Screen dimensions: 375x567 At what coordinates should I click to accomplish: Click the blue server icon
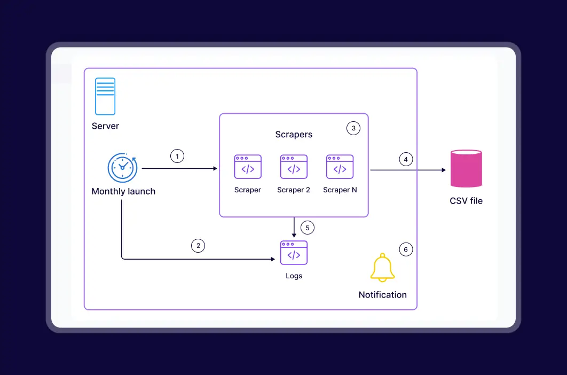click(x=105, y=96)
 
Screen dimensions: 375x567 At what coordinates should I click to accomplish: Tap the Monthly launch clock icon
click(x=122, y=168)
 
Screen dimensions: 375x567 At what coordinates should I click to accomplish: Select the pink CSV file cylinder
click(x=466, y=168)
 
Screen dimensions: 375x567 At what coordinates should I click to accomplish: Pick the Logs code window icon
click(x=294, y=252)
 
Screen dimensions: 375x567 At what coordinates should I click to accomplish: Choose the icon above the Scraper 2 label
click(x=294, y=167)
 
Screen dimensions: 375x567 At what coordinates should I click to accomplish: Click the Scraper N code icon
click(x=340, y=167)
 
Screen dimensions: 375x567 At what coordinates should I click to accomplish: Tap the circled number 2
click(x=198, y=246)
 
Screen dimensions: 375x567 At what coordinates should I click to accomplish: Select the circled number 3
click(x=353, y=128)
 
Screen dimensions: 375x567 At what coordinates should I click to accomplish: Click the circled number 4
click(x=406, y=159)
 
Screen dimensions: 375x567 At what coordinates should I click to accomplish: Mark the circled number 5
click(x=307, y=228)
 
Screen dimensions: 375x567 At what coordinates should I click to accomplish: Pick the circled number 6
click(x=406, y=249)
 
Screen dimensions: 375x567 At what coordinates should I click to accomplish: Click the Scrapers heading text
click(x=294, y=135)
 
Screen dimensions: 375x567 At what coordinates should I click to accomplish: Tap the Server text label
click(x=105, y=126)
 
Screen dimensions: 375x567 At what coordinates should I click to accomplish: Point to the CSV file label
click(x=466, y=201)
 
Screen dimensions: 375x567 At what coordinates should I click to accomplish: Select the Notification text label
click(x=382, y=295)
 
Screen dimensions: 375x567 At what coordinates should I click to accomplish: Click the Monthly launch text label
click(x=123, y=191)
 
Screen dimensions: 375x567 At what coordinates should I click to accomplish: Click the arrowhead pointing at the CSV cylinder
click(x=443, y=170)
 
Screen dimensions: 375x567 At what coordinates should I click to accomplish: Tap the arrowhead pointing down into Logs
click(x=294, y=235)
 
